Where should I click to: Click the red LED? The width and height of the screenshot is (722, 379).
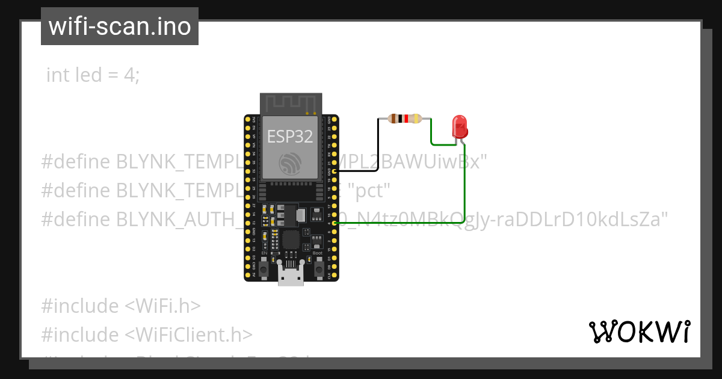click(460, 127)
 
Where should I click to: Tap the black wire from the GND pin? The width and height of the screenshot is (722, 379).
click(378, 144)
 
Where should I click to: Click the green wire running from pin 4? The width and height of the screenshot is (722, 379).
click(464, 193)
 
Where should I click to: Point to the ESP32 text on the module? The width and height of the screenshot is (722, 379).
click(291, 136)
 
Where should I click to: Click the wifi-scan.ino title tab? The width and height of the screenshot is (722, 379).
click(120, 26)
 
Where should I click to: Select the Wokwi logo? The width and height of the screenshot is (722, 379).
click(638, 331)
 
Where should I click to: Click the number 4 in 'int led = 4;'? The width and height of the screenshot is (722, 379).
click(129, 75)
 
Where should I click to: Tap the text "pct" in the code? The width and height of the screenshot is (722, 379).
click(372, 191)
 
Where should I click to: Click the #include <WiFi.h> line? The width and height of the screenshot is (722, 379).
click(120, 306)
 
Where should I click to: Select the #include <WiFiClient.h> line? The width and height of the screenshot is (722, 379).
click(147, 334)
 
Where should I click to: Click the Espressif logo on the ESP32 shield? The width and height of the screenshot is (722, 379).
click(291, 162)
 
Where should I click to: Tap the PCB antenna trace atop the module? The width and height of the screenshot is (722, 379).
click(291, 103)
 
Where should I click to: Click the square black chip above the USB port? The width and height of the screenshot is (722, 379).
click(291, 239)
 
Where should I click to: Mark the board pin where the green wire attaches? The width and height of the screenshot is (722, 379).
click(333, 223)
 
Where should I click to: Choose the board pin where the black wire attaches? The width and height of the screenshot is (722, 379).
click(333, 171)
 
